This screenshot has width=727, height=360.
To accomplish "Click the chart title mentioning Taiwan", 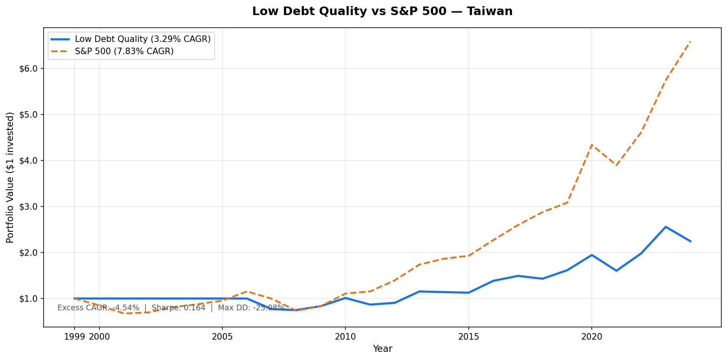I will (382, 11).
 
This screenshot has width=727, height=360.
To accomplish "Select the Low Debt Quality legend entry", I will (143, 39).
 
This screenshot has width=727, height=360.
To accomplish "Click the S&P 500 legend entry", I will (124, 51).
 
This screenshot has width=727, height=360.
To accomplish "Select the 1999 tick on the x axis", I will (74, 337).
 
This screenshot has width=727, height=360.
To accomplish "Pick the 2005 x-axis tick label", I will (222, 337).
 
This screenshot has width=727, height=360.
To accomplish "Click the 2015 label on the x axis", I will (468, 337).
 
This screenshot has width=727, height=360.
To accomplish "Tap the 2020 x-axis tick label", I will (592, 337).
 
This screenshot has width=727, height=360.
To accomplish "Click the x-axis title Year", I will (382, 349).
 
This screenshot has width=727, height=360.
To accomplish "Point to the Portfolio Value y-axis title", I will (10, 178).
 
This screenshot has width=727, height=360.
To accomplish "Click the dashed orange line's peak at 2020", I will (592, 145).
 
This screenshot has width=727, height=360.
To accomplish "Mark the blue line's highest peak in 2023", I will (666, 227).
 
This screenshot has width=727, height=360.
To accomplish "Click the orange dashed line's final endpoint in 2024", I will (690, 42).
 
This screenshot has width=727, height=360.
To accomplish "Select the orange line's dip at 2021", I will (616, 165).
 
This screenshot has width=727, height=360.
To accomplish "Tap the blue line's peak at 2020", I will (592, 255).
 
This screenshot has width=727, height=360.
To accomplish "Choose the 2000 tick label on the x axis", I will (99, 337).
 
